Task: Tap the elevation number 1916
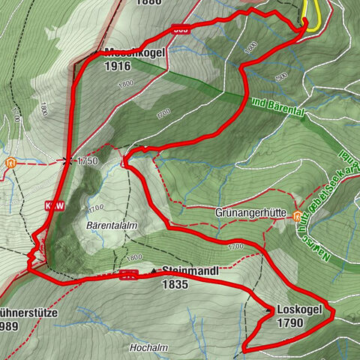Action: point(118,66)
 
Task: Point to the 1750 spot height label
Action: point(88,160)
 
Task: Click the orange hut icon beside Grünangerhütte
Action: point(298,218)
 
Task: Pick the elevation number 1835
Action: point(175,284)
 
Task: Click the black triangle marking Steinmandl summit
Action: point(154,271)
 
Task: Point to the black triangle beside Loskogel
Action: point(268,310)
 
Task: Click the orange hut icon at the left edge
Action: point(10,161)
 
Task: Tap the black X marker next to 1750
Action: point(68,160)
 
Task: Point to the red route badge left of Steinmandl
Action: point(127,274)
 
